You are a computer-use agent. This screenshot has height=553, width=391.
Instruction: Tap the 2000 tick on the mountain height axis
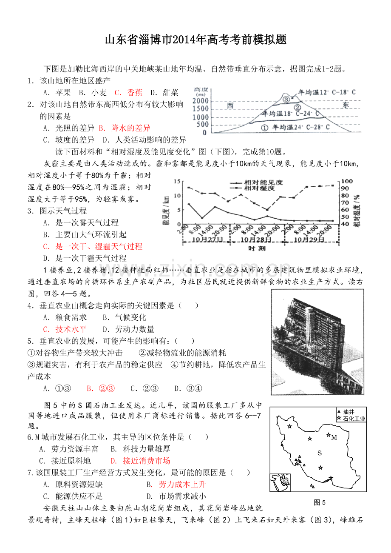pos(200,101)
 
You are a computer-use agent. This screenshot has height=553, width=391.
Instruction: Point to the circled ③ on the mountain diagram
pos(286,99)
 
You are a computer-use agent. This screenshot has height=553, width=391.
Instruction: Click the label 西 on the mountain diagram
pos(230,105)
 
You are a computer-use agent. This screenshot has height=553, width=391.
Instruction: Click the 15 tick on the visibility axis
pos(178,181)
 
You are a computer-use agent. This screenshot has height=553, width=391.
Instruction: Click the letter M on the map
pos(334,437)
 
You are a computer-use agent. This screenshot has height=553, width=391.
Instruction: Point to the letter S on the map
pos(320,453)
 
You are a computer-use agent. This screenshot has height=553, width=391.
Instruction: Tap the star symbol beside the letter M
pos(328,435)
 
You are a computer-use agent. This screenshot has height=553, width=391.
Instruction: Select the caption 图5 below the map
pos(320,502)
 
